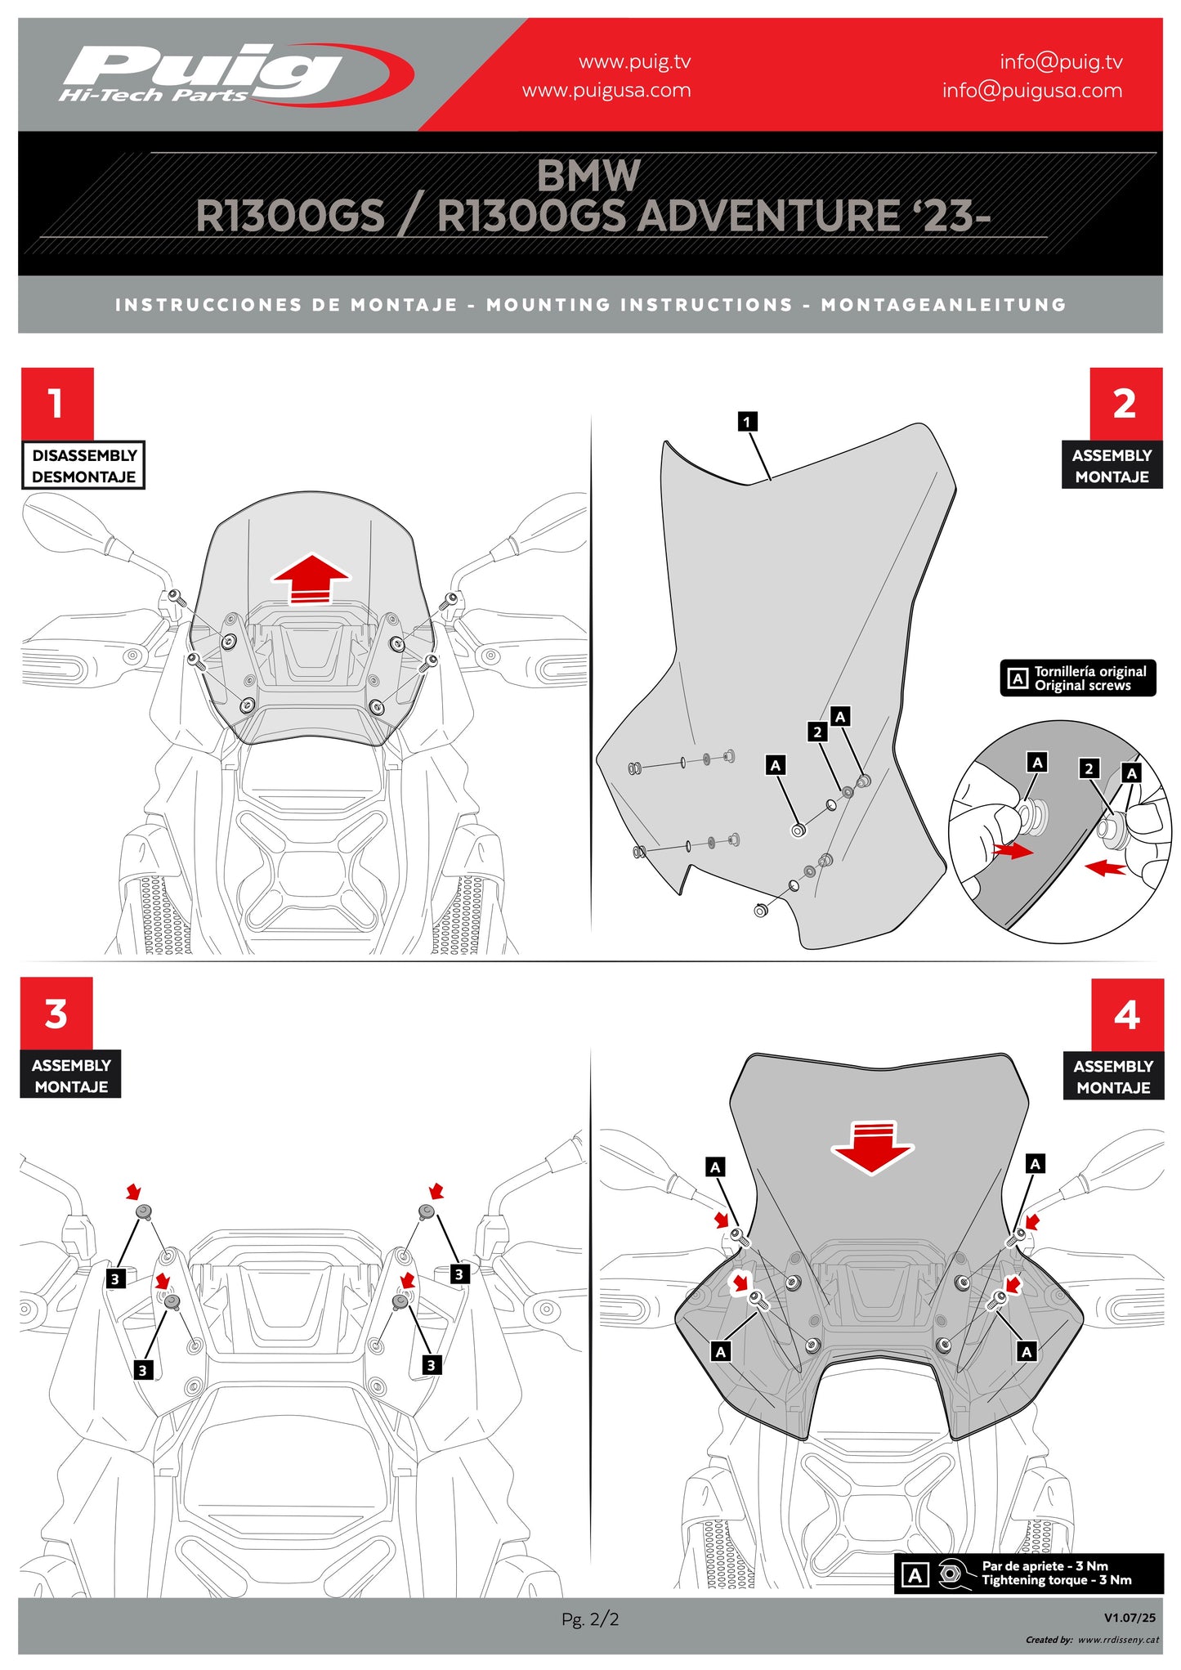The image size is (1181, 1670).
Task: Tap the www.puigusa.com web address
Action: point(606,91)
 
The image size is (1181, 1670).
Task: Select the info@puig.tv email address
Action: point(1061,62)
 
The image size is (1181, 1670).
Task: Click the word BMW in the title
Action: point(588,175)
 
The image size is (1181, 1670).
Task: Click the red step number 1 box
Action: point(57,403)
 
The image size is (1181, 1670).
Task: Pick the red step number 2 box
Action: point(1125,404)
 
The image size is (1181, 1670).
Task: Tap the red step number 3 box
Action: point(56,1014)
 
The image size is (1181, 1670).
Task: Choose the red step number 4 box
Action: point(1127,1014)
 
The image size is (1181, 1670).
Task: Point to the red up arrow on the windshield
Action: point(311,579)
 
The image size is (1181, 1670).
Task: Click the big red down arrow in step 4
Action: point(873,1146)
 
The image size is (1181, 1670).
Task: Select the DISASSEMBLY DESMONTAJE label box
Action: point(83,466)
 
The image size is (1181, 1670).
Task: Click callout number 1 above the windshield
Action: point(747,422)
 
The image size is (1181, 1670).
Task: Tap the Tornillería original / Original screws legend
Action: point(1078,678)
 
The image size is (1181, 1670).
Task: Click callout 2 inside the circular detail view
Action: point(1088,768)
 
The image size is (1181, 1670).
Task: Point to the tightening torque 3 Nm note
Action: point(1029,1574)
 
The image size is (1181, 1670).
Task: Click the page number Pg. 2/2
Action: point(590,1619)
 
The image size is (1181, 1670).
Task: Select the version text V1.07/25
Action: point(1130,1618)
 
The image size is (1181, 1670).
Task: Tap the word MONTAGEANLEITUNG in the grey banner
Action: point(943,305)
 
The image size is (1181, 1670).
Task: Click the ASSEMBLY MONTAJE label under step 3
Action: point(71,1076)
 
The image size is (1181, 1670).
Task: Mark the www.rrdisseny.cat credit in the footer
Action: point(1117,1640)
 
